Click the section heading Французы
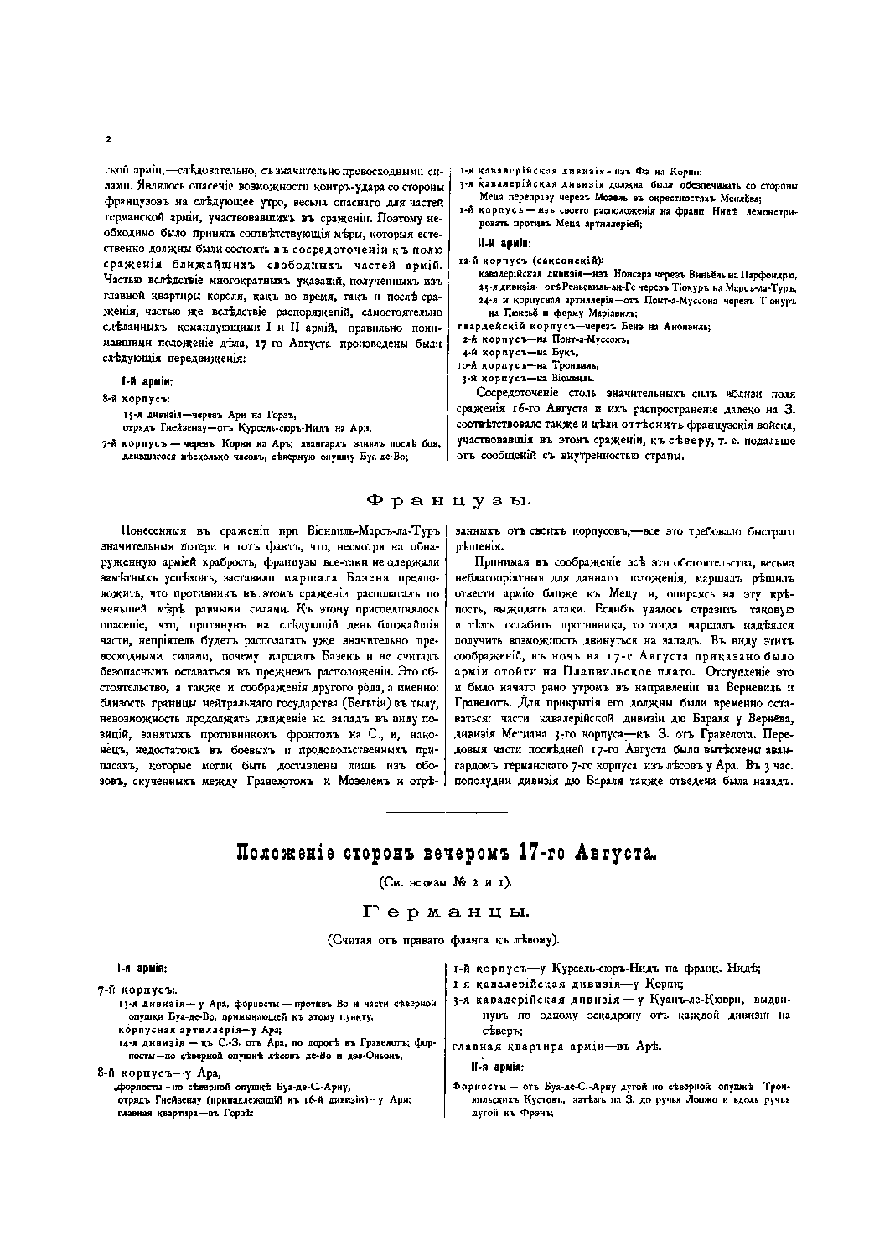(x=447, y=500)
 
